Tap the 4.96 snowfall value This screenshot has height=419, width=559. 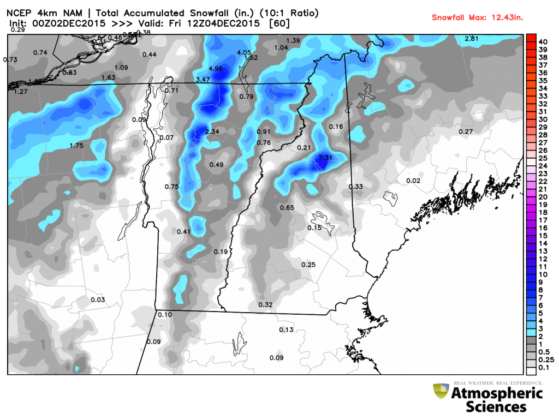216,69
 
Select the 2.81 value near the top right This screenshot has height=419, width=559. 471,38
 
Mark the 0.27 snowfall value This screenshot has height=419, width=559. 466,131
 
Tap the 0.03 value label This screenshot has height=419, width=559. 98,300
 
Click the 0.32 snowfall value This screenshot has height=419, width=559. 265,304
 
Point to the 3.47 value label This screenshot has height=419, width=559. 203,80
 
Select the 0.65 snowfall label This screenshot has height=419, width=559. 287,208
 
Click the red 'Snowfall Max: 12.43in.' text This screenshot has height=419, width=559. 477,17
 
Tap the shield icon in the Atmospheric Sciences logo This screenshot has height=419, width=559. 440,392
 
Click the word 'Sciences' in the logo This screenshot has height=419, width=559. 496,406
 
